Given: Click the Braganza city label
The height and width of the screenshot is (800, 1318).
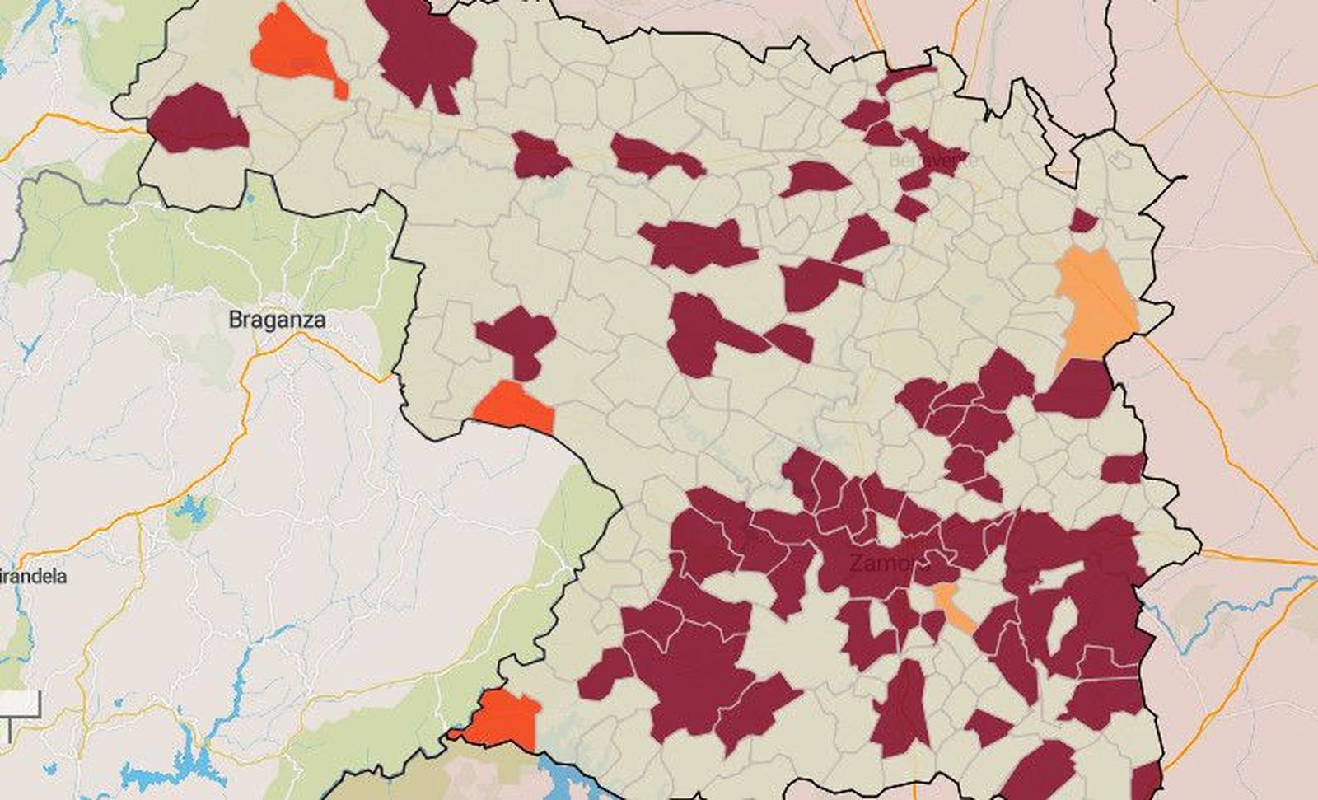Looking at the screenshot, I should pos(277,320).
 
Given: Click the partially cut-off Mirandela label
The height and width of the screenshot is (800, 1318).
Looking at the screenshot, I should pos(33,576).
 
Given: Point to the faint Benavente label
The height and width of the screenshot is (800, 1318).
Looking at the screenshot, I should pos(931,159).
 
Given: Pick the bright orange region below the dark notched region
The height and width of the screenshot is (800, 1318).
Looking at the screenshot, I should pos(512,405).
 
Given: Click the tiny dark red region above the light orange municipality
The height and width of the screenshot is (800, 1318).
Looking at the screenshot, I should pos(1083,221).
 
